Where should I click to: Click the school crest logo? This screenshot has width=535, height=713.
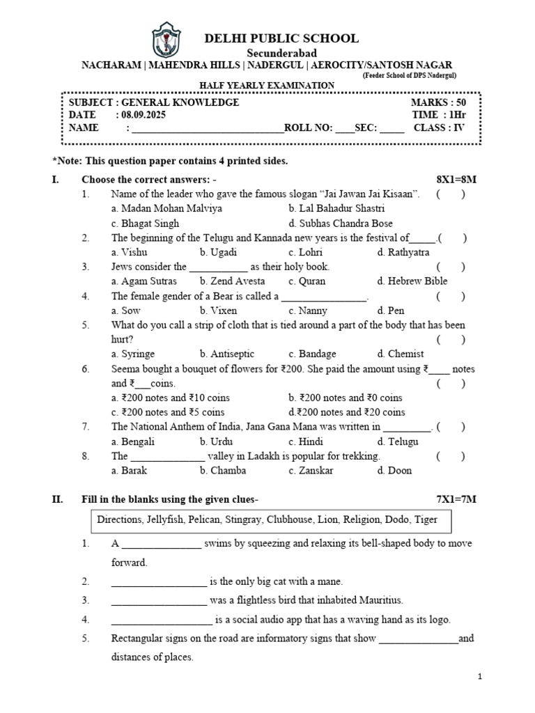[x=166, y=41]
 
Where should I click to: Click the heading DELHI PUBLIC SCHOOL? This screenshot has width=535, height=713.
[x=281, y=38]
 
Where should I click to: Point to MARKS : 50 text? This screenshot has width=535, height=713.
[x=438, y=102]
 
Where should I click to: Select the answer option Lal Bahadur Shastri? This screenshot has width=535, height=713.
[x=336, y=208]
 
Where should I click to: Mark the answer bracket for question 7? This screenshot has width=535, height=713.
[x=451, y=427]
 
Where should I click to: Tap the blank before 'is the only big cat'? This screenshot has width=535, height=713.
[x=159, y=581]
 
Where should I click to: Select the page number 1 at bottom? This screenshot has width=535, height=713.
[x=480, y=676]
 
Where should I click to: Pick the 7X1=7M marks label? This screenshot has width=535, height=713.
[x=456, y=499]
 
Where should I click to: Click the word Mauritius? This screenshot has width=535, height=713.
[x=377, y=600]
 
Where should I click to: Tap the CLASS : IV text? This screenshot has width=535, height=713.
[x=439, y=127]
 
